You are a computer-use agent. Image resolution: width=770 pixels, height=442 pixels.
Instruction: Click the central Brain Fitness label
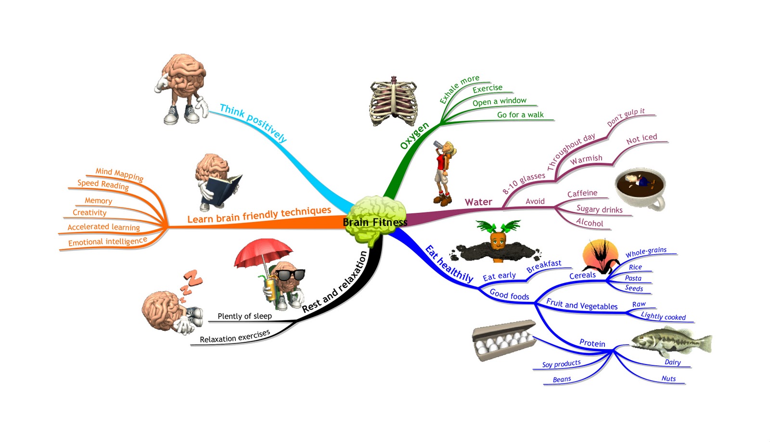(375, 222)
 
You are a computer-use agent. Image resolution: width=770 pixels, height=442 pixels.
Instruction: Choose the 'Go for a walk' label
(520, 115)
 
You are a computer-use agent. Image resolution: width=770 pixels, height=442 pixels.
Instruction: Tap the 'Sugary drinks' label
(599, 209)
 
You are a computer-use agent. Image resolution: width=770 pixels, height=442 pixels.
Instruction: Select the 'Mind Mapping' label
(119, 174)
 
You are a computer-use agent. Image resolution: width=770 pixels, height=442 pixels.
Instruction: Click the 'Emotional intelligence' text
(107, 241)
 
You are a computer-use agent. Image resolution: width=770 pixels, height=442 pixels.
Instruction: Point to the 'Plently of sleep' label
(244, 316)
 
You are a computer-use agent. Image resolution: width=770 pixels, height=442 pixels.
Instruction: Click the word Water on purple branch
(478, 202)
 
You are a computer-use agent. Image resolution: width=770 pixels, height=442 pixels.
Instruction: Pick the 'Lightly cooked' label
(663, 316)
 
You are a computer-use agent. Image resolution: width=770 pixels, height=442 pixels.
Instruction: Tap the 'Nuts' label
(668, 379)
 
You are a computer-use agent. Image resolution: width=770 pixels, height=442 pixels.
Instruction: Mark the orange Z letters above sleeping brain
(191, 283)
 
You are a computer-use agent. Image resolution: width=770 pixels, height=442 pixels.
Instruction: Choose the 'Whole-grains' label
(646, 252)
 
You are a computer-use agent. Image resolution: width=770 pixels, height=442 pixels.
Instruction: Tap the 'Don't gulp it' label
(626, 117)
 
